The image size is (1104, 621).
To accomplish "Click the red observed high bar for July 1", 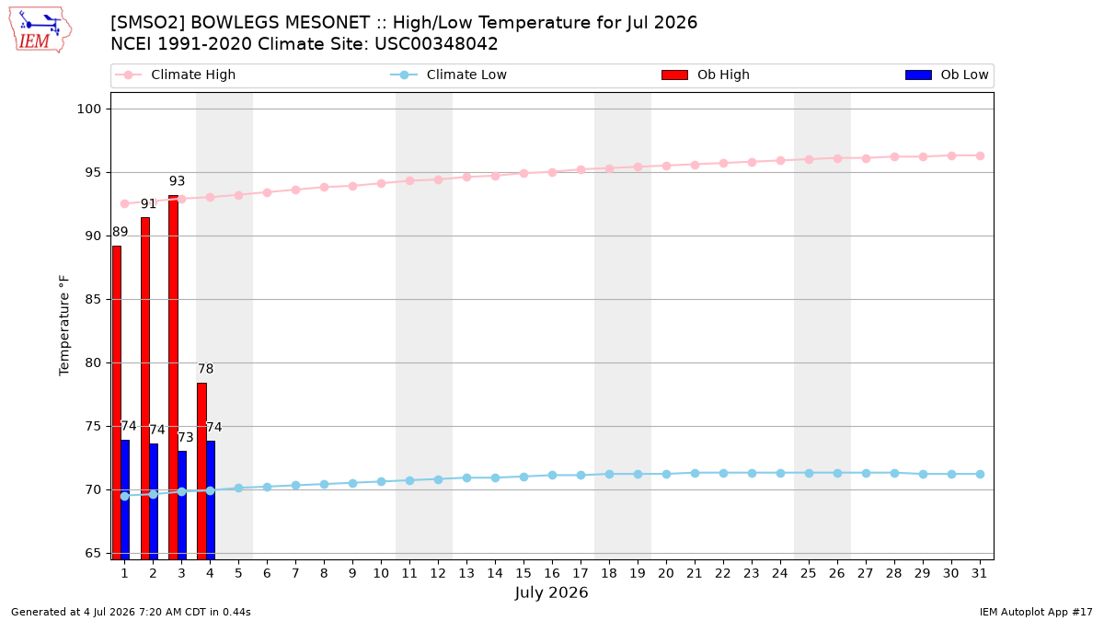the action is click(117, 402).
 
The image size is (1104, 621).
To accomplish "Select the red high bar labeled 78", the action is click(202, 471).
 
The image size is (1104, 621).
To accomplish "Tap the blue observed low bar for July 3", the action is click(182, 505).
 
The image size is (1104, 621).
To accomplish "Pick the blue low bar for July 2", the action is click(154, 501).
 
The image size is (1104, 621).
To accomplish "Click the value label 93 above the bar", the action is click(177, 181).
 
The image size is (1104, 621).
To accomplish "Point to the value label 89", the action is click(120, 232).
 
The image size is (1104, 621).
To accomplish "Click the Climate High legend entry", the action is click(175, 75).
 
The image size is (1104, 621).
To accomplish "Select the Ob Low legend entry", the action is click(947, 75).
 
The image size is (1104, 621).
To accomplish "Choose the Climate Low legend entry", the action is click(448, 75).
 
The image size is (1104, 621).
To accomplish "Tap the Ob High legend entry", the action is click(706, 75).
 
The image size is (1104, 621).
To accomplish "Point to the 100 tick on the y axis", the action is click(89, 109).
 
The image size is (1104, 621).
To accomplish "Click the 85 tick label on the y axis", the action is click(93, 300).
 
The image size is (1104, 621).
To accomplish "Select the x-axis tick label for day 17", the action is click(581, 573).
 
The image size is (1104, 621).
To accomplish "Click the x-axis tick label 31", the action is click(979, 573).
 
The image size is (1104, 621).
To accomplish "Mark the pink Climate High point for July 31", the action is click(981, 155).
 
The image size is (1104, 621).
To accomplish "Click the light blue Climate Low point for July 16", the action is click(553, 475).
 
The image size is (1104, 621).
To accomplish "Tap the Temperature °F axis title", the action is click(64, 326).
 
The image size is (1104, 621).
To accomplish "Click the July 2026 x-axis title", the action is click(551, 592).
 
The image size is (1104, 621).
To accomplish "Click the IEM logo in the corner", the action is click(40, 30).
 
